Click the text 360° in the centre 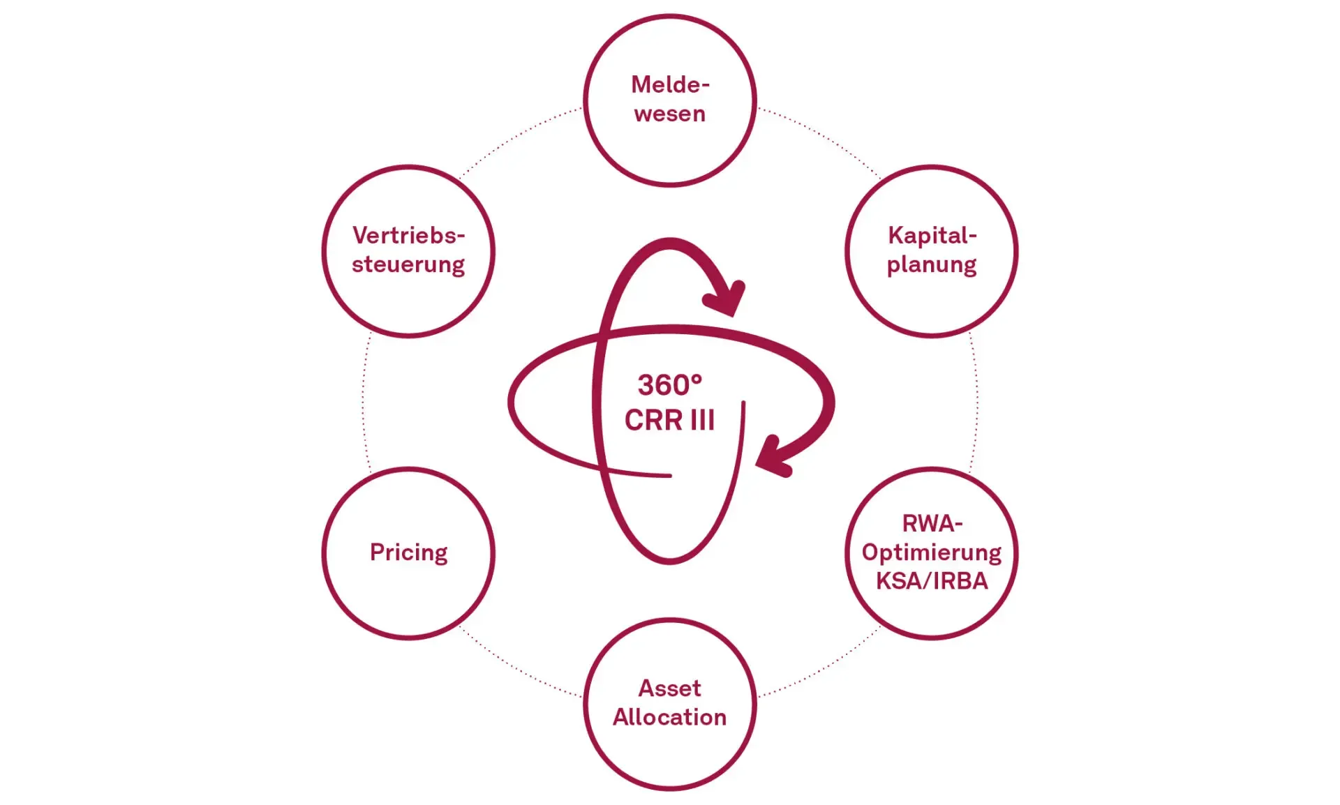point(662,385)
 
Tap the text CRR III point(669,420)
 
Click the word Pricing point(409,552)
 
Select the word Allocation point(670,717)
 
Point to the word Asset point(670,689)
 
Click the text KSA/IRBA point(932,581)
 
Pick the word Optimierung point(932,552)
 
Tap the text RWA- point(932,523)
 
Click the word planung point(932,265)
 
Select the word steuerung point(408,265)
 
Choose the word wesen point(670,114)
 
